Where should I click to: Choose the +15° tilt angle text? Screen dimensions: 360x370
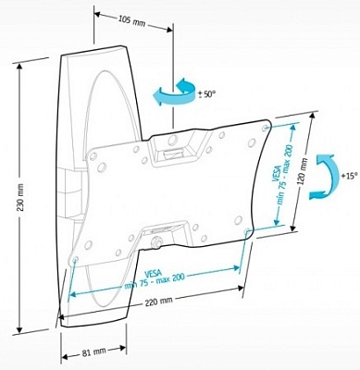[x=345, y=173]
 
